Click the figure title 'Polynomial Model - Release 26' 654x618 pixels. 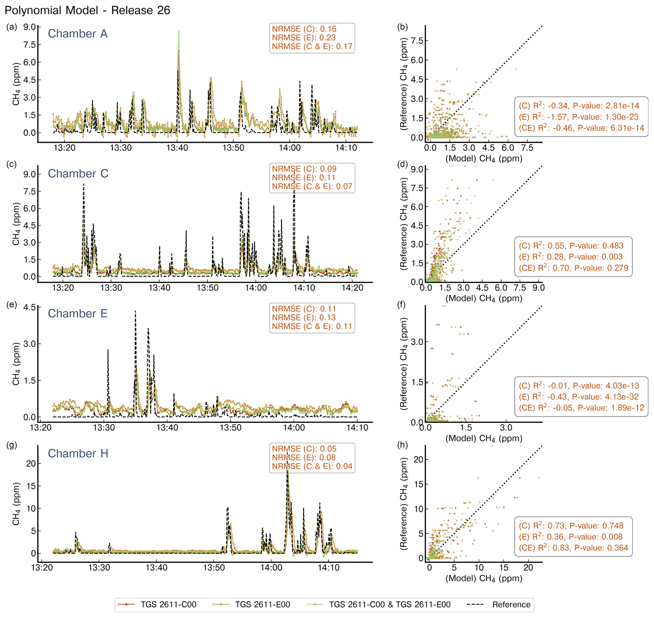[x=87, y=10]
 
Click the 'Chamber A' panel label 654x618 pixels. [x=78, y=34]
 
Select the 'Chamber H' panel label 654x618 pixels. [x=78, y=453]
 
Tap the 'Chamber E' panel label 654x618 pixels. [x=78, y=313]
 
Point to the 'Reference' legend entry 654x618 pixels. [x=511, y=604]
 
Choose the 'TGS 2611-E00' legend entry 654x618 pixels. [x=262, y=604]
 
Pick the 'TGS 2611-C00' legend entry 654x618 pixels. [x=168, y=604]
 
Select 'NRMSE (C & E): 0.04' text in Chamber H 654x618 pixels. [x=312, y=466]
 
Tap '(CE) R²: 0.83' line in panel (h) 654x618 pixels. [x=573, y=548]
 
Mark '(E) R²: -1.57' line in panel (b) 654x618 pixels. [x=578, y=117]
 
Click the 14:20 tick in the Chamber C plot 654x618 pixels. [x=352, y=288]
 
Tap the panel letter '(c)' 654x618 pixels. [x=11, y=164]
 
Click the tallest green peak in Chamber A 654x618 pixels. [x=179, y=31]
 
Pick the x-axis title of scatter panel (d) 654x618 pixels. [x=483, y=298]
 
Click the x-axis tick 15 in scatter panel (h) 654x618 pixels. [x=504, y=568]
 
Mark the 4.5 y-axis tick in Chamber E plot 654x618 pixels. [x=29, y=308]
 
